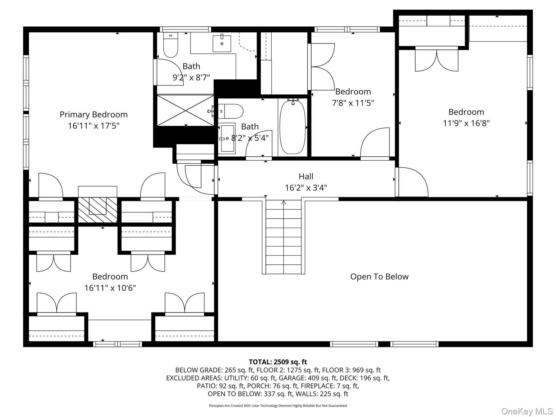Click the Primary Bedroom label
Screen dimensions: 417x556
click(94, 114)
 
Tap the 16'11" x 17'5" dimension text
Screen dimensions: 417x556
click(94, 126)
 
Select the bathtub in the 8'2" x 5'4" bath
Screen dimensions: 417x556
click(292, 127)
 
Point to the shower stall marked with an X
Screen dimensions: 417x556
click(186, 110)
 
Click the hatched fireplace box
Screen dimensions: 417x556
click(98, 210)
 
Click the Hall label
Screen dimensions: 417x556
click(306, 176)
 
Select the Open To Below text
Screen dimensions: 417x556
click(379, 277)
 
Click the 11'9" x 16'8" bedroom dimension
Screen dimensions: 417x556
click(466, 123)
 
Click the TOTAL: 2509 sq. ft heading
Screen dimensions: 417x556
click(278, 362)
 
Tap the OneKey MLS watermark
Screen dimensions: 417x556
click(527, 411)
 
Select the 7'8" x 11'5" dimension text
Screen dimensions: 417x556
click(353, 103)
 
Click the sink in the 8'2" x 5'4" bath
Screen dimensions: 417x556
click(227, 139)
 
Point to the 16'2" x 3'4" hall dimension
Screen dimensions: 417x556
click(306, 188)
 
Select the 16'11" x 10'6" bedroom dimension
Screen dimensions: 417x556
click(110, 288)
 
